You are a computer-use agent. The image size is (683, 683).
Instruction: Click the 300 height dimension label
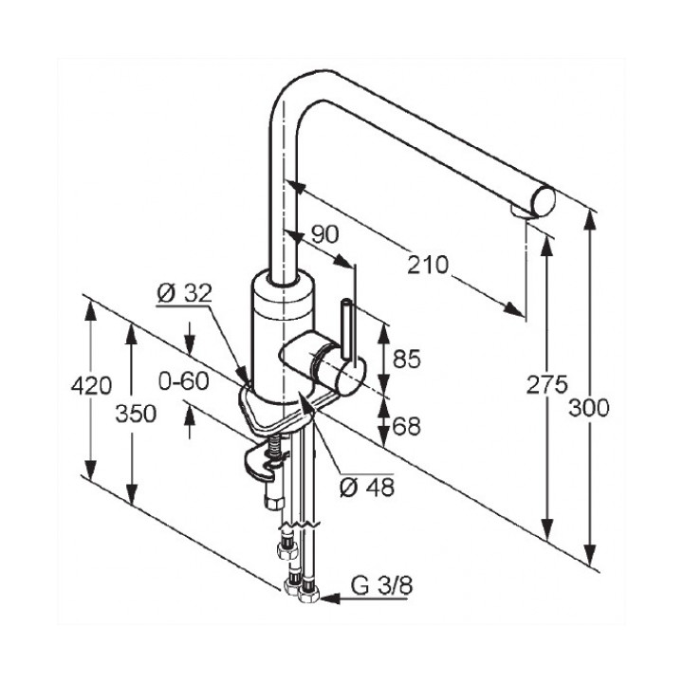pos(589,409)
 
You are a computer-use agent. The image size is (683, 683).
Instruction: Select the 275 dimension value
pos(547,384)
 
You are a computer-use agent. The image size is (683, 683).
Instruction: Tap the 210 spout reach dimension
pos(428,265)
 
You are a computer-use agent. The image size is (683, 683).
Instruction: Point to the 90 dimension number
pos(325,234)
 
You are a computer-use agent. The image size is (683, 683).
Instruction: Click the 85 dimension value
pos(407,359)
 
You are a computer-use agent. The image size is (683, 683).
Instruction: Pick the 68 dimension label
pos(406,427)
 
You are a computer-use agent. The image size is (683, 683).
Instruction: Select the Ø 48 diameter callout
pos(367,488)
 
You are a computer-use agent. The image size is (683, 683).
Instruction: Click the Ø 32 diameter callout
pos(184,293)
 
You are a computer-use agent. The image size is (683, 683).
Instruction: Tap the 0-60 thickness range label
pos(184,381)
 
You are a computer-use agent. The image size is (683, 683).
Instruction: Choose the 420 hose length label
pos(91,385)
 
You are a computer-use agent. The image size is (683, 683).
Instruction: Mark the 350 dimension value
pos(136,414)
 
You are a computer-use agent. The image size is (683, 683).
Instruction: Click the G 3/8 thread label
pos(381,586)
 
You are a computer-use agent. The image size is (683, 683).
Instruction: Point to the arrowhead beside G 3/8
pos(329,599)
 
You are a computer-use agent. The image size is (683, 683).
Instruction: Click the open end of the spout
pos(544,201)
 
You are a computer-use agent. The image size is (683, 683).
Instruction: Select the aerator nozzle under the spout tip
pos(521,212)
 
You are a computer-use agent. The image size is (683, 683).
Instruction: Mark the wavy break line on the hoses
pos(301,523)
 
